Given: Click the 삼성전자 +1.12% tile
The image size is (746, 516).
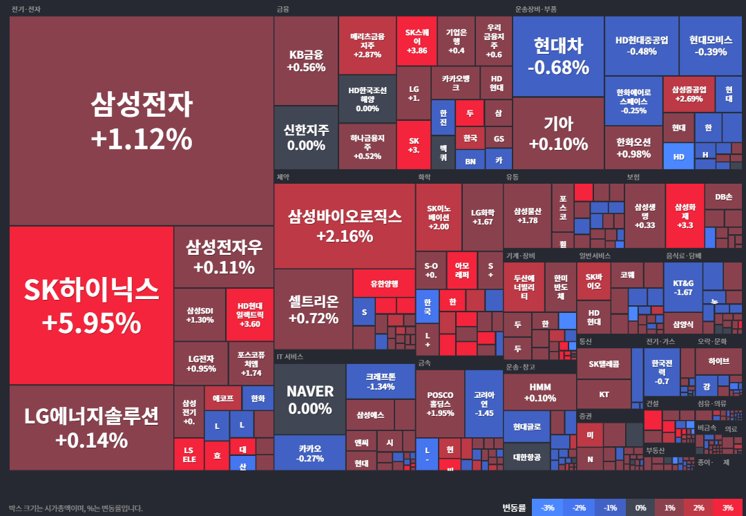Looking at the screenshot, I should [141, 121].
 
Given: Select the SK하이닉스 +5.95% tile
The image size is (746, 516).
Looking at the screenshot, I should [91, 305].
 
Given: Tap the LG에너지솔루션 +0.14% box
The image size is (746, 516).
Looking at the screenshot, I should [91, 428].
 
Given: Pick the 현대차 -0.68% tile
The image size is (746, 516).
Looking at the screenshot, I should [558, 56].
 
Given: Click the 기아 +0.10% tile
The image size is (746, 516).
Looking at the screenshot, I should [558, 133].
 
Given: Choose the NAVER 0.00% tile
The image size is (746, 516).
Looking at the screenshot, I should [309, 399].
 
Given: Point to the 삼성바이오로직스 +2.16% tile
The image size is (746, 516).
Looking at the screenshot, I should [344, 226].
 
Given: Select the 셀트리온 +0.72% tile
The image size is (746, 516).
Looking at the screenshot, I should [313, 309].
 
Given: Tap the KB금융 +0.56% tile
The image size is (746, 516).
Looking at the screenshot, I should [306, 61].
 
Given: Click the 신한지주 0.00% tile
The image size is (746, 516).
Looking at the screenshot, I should [306, 137].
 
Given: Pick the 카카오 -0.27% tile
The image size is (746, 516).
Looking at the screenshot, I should [309, 452].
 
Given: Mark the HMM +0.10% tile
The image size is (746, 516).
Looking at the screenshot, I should [539, 392].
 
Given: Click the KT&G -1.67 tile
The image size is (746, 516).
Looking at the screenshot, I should [682, 287].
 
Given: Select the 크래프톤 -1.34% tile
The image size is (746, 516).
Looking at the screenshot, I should [380, 381].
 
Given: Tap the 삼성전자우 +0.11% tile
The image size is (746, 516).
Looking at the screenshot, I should [224, 257].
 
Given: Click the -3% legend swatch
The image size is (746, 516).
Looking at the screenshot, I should [546, 508].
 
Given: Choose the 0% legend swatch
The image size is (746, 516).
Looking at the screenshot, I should [640, 508].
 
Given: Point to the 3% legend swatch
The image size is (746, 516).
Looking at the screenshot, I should [727, 508].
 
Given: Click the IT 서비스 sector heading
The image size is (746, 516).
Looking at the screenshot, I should [289, 356].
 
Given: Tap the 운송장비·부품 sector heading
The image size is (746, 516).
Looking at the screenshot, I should [535, 9].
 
